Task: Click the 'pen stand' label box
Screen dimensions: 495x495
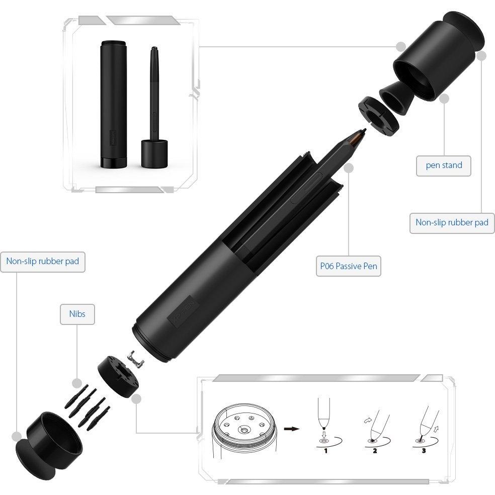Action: [444, 166]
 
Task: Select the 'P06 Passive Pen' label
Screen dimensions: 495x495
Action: [349, 266]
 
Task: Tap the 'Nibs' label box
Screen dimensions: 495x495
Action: [77, 314]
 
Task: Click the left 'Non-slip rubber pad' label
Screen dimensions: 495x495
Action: [43, 262]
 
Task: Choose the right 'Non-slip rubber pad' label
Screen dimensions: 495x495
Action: [452, 223]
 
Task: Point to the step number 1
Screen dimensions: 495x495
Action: [326, 451]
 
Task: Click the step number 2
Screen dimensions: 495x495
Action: [375, 451]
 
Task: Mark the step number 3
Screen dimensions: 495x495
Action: [424, 451]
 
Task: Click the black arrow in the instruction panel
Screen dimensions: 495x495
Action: [292, 429]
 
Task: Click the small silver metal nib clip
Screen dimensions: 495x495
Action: [135, 359]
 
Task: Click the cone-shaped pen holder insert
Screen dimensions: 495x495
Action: [396, 96]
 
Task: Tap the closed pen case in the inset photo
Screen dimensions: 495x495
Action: [114, 104]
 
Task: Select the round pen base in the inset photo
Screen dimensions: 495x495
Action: [154, 154]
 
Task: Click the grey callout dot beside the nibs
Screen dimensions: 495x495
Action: [77, 383]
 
